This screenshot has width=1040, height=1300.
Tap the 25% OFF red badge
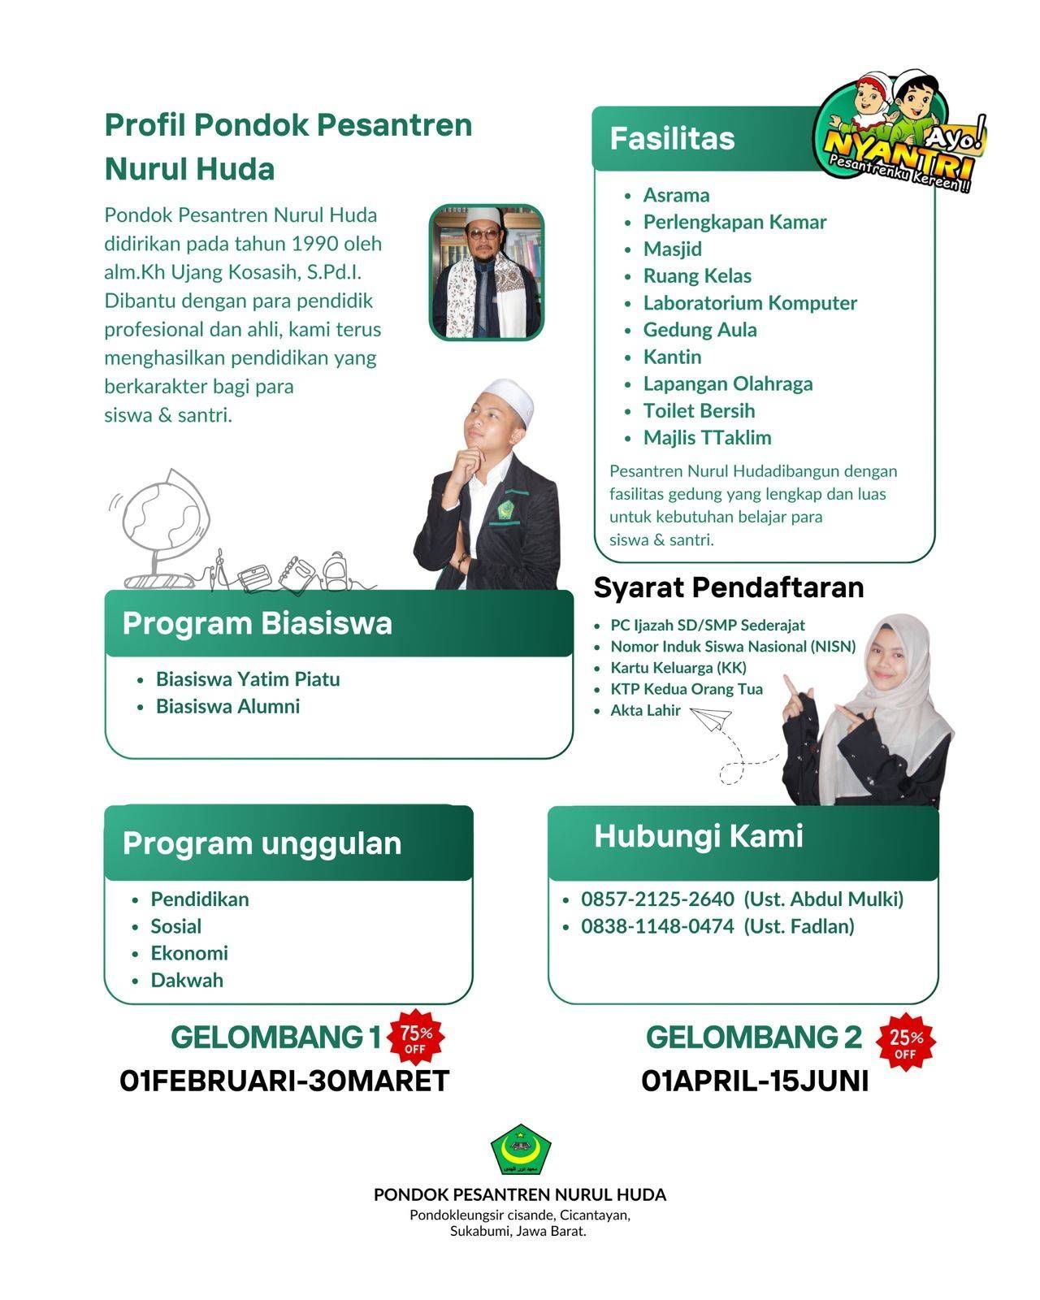click(x=906, y=1043)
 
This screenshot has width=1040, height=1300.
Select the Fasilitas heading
click(x=672, y=139)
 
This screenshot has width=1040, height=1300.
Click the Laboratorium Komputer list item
click(x=749, y=303)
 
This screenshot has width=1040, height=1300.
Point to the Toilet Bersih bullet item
click(x=699, y=410)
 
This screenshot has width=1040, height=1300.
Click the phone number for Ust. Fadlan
click(x=656, y=926)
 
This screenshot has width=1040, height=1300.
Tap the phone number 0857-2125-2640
click(x=656, y=899)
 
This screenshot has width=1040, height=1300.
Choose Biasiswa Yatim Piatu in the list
click(x=248, y=679)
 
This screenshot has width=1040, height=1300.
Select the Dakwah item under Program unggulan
click(x=187, y=980)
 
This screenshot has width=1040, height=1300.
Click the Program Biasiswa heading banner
click(x=338, y=624)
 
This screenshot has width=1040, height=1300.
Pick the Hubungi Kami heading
click(x=698, y=836)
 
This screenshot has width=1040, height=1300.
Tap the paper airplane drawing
click(x=710, y=717)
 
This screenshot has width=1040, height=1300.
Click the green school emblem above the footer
click(x=520, y=1152)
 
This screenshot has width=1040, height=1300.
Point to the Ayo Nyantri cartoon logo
click(x=903, y=130)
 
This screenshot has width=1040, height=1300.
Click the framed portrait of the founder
click(x=486, y=272)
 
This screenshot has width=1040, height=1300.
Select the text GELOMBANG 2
click(x=752, y=1038)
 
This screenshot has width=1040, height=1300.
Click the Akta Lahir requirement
click(x=645, y=711)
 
